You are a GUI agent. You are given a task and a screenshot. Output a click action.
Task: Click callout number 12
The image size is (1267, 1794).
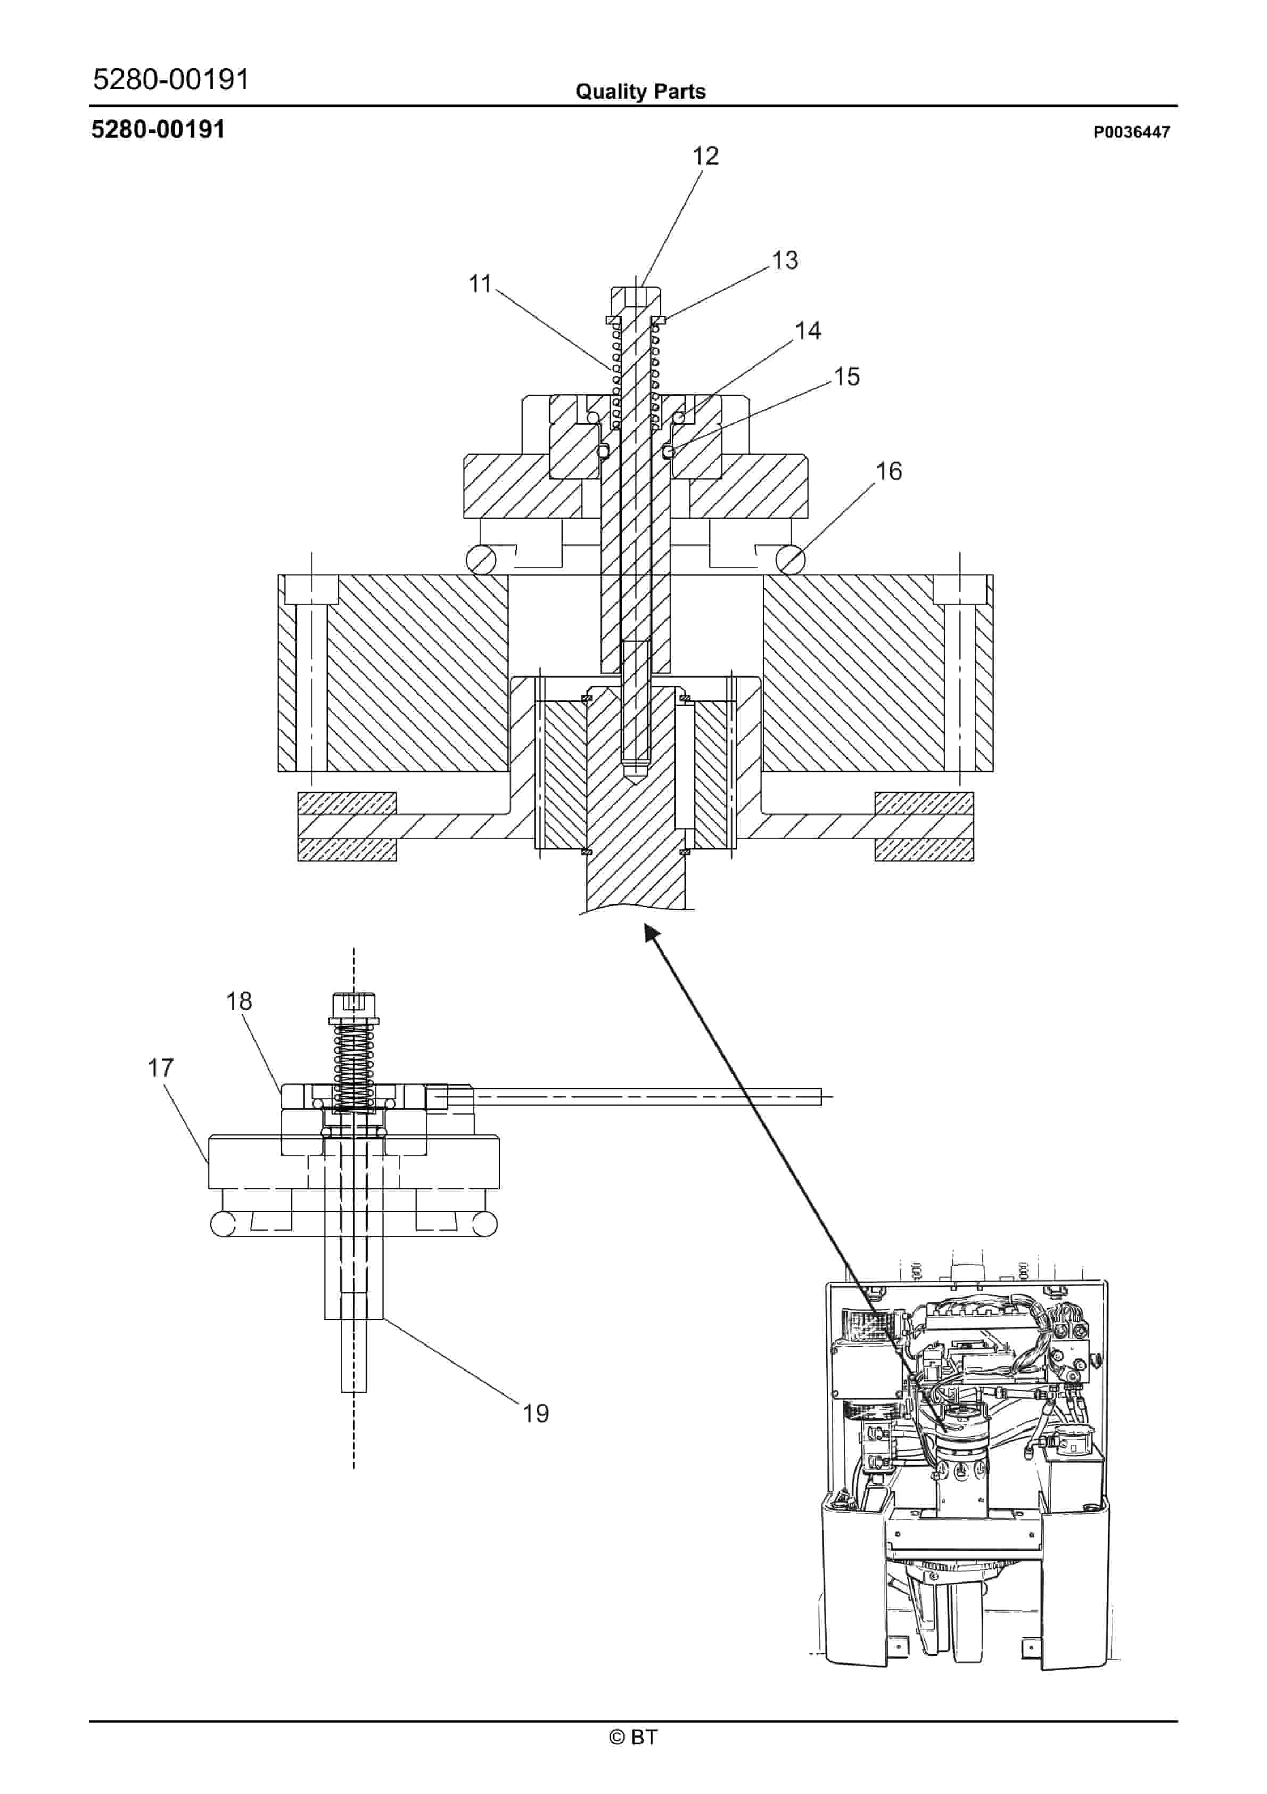705,156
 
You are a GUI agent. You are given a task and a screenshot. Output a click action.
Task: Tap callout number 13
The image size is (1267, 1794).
785,260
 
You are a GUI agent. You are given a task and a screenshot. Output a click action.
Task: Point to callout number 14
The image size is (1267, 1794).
809,330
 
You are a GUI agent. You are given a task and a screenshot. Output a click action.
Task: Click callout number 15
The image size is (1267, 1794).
847,377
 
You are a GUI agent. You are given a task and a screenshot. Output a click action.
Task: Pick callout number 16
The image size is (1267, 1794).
889,471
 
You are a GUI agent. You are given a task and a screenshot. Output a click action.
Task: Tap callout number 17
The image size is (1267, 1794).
161,1067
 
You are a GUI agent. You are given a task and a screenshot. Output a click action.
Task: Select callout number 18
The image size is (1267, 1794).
239,1001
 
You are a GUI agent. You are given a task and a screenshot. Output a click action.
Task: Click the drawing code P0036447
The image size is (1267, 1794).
1131,133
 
